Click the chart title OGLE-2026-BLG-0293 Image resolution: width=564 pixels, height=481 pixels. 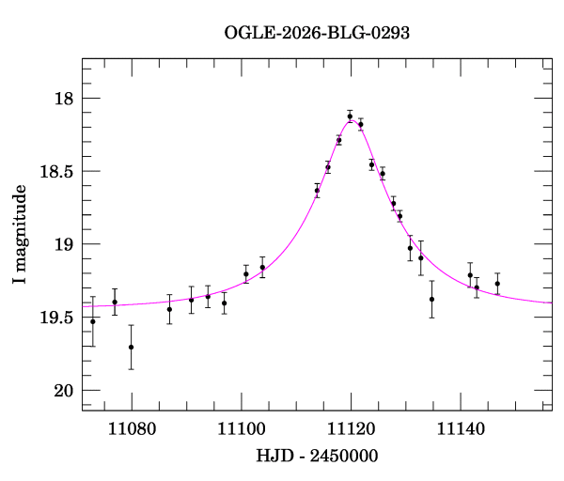click(317, 33)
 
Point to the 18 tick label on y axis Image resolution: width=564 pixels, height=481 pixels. click(63, 99)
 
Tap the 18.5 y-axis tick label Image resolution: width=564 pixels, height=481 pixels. click(55, 172)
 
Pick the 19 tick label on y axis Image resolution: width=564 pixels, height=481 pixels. click(63, 244)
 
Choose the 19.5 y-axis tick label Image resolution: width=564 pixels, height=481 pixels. click(55, 318)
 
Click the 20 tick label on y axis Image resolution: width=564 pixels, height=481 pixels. click(63, 391)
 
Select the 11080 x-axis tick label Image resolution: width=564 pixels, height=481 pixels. click(132, 428)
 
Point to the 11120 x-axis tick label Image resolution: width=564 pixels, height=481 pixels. click(352, 428)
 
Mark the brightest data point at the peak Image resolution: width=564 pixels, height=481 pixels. click(350, 116)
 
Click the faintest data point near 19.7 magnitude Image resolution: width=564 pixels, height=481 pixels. click(132, 347)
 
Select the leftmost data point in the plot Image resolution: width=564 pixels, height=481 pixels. click(92, 321)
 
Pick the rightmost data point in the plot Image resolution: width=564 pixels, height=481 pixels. click(497, 283)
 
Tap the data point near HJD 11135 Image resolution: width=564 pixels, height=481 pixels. click(431, 299)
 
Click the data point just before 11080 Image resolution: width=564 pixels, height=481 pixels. click(115, 302)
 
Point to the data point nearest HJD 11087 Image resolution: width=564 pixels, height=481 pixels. click(169, 309)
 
